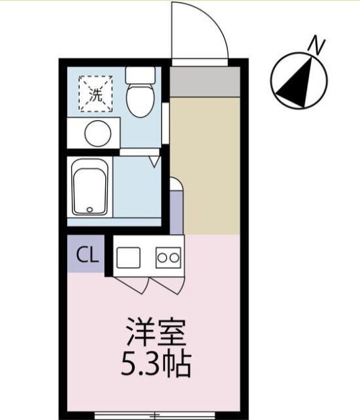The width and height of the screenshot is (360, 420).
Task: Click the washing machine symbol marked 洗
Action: click(x=95, y=94)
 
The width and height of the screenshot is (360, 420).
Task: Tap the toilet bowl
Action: click(x=140, y=100)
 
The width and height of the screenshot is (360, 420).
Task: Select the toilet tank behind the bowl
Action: click(x=140, y=74)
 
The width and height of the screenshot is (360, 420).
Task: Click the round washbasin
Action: click(x=98, y=132)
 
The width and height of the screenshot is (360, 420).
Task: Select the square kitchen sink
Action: click(x=129, y=256)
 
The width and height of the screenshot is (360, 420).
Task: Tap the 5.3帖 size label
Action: click(x=156, y=365)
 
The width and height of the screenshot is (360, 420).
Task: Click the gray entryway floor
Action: click(x=204, y=81)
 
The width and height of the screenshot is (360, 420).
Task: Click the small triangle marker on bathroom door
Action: click(x=154, y=162)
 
